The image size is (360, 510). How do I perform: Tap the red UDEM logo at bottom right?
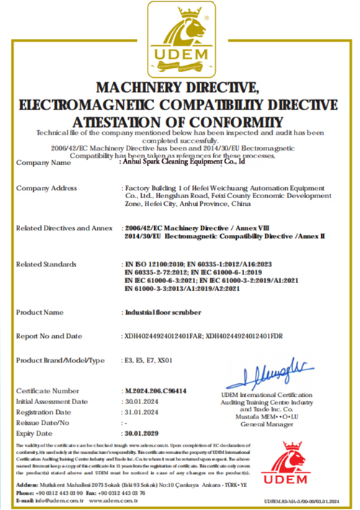[301, 465]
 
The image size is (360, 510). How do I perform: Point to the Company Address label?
[47, 188]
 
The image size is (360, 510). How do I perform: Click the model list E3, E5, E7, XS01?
[149, 359]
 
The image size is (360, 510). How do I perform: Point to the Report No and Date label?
[49, 336]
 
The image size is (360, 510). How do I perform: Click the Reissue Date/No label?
[42, 423]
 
